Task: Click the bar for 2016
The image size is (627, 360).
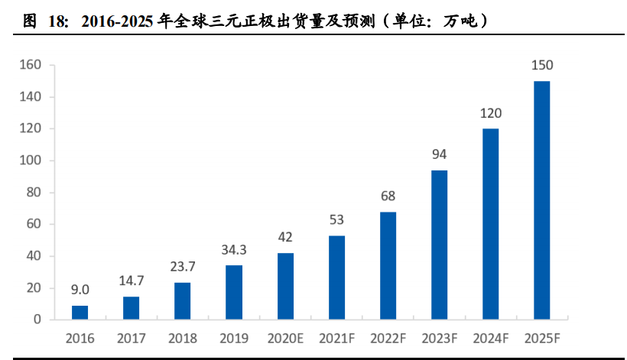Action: (80, 312)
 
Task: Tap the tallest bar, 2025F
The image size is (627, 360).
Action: (541, 199)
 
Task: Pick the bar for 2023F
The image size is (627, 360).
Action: (439, 244)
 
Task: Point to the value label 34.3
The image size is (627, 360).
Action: (234, 249)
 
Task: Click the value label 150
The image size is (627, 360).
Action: (541, 65)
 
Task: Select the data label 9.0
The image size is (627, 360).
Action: (80, 290)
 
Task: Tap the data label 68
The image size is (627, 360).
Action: (388, 196)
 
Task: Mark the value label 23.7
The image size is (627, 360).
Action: (183, 267)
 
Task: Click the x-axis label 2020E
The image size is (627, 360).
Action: (285, 338)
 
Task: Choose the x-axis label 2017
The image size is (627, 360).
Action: (132, 338)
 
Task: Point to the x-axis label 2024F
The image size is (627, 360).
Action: (490, 338)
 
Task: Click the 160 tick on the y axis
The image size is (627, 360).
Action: (30, 65)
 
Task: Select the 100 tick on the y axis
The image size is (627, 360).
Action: (30, 161)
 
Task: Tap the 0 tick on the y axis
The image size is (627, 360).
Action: (37, 319)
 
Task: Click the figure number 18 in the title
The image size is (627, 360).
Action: (57, 21)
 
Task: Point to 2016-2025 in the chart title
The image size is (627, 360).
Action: (113, 21)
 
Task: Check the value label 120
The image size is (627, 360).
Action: (490, 113)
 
